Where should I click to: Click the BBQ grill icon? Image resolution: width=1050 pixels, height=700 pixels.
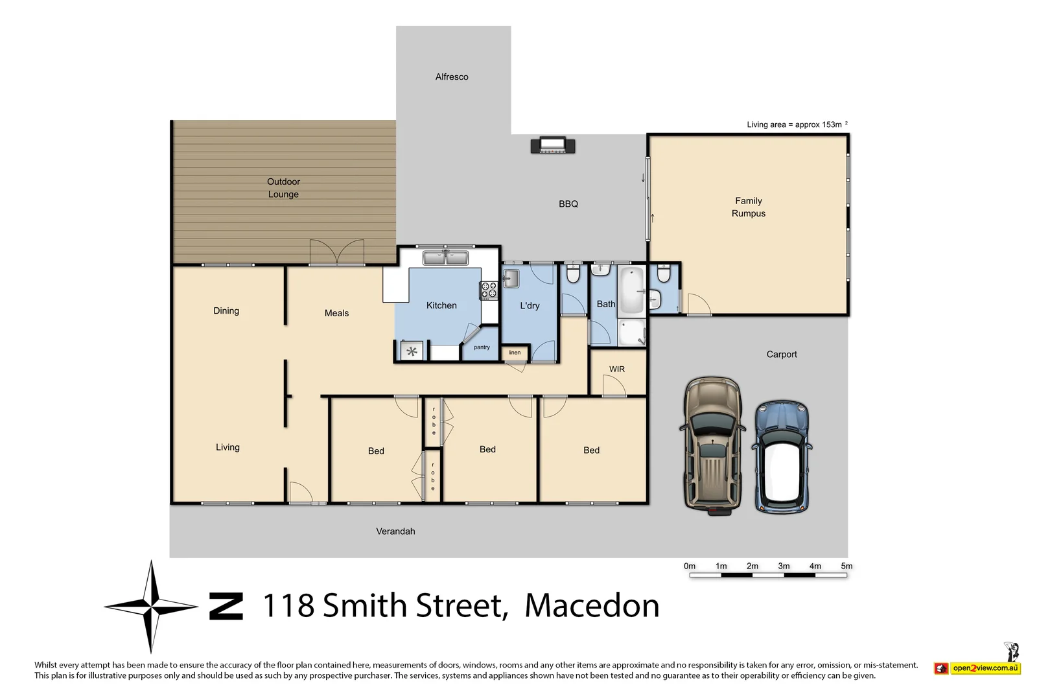552,145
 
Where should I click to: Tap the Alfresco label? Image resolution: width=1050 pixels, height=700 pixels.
452,76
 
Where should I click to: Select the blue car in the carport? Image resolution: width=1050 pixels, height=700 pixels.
782,457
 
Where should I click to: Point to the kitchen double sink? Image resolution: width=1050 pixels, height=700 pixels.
445,258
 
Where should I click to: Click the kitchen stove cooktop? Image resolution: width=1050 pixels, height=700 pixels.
489,290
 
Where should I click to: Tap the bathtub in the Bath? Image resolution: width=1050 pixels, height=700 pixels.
631,290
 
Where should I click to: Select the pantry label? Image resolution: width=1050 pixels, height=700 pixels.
482,347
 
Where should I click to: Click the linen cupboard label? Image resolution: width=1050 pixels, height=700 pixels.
515,353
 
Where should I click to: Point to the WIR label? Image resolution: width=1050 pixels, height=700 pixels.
617,369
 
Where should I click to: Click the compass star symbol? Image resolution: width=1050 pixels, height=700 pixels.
151,607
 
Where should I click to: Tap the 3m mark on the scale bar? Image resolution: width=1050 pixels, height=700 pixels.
784,566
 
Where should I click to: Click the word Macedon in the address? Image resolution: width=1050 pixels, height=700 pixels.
592,606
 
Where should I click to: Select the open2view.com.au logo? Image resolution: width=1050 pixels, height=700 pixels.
978,668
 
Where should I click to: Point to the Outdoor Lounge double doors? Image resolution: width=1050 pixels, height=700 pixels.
336,253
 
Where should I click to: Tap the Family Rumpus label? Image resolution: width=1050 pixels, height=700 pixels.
749,207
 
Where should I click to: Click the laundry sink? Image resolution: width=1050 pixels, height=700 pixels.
511,279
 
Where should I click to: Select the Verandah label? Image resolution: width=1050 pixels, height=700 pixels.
395,531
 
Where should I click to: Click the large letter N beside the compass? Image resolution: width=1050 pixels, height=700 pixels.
226,607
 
